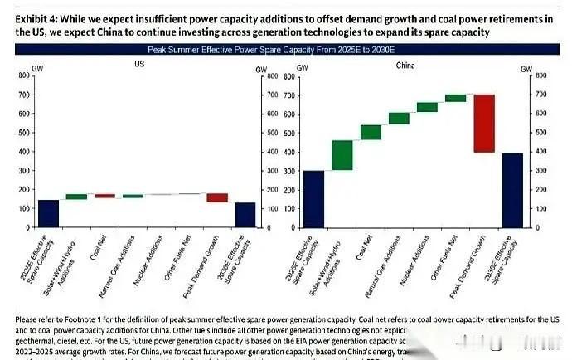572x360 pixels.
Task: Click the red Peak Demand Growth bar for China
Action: (484, 124)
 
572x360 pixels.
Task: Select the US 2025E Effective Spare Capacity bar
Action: (49, 213)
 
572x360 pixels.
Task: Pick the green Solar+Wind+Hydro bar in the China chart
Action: (342, 155)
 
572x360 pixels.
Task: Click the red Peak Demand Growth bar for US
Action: (217, 197)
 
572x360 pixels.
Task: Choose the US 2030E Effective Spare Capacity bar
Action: (246, 214)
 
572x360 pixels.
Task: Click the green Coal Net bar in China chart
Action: (371, 132)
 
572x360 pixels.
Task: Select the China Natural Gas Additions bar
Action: (399, 118)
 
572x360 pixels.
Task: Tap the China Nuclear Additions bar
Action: (427, 107)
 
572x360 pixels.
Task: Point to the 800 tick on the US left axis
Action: (25, 75)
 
